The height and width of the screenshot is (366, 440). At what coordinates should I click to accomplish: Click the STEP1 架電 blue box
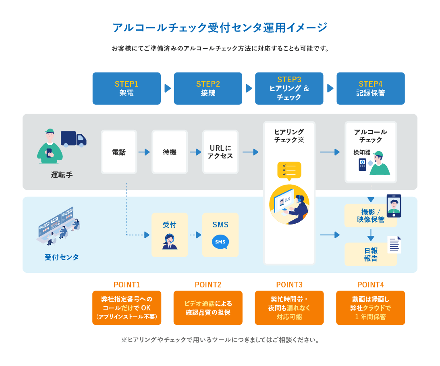pyautogui.click(x=127, y=88)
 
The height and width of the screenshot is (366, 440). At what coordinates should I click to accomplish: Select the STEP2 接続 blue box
pyautogui.click(x=208, y=88)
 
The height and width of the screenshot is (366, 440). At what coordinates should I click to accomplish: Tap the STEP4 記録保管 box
pyautogui.click(x=371, y=88)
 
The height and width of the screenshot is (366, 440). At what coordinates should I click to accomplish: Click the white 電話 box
pyautogui.click(x=119, y=152)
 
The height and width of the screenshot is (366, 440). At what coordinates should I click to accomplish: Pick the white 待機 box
pyautogui.click(x=170, y=152)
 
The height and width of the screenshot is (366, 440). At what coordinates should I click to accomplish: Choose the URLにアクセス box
pyautogui.click(x=220, y=152)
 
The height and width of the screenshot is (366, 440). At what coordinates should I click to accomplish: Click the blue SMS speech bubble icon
pyautogui.click(x=220, y=242)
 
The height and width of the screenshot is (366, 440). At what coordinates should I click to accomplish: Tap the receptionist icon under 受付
pyautogui.click(x=170, y=242)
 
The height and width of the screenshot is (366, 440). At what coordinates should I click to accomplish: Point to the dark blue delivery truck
pyautogui.click(x=73, y=139)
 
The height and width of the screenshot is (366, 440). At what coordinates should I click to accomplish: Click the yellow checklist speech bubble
pyautogui.click(x=289, y=171)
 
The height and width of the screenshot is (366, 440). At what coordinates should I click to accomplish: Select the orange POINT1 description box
pyautogui.click(x=127, y=308)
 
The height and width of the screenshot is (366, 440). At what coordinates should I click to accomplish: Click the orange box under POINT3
pyautogui.click(x=289, y=308)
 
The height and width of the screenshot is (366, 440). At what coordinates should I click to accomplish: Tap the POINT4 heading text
pyautogui.click(x=370, y=285)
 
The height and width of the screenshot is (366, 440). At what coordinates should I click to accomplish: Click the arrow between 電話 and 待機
pyautogui.click(x=144, y=152)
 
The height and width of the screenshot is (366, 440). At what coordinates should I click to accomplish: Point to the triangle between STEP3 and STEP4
pyautogui.click(x=330, y=88)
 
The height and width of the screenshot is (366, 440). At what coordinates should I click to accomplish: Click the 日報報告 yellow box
pyautogui.click(x=371, y=254)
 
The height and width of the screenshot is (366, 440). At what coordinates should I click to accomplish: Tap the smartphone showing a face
pyautogui.click(x=394, y=206)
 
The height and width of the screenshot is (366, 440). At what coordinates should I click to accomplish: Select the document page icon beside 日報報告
pyautogui.click(x=394, y=244)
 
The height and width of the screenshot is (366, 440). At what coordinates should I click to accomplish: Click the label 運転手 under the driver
pyautogui.click(x=62, y=175)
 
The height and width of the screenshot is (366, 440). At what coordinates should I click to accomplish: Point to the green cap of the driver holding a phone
pyautogui.click(x=50, y=131)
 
